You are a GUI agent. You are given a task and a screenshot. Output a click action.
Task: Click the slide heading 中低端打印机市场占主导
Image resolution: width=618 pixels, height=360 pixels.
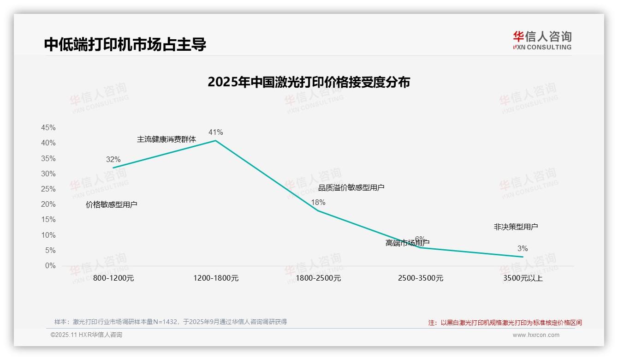[x=125, y=44]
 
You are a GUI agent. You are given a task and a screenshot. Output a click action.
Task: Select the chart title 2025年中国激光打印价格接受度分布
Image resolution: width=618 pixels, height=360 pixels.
[x=309, y=82]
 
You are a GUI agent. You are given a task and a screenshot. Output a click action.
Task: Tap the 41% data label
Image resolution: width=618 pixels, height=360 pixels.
[x=215, y=132]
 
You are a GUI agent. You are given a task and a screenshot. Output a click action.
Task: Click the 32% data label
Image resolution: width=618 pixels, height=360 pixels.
[x=113, y=159]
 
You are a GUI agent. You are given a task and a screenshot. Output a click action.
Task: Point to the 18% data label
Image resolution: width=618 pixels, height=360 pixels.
[x=318, y=202]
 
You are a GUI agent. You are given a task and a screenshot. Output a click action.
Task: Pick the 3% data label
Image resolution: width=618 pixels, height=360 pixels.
[x=522, y=249]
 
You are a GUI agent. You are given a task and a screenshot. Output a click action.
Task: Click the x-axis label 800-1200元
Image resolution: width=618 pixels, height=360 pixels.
[x=113, y=278]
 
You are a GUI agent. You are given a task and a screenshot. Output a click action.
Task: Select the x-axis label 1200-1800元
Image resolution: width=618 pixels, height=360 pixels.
[x=216, y=278]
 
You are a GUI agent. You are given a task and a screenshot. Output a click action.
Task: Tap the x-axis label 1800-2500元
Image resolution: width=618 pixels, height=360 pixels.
[x=318, y=278]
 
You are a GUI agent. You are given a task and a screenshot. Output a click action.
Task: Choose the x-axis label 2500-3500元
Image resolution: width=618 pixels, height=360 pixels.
[x=420, y=278]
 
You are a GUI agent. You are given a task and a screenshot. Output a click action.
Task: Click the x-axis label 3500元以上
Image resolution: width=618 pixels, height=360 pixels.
[x=523, y=278]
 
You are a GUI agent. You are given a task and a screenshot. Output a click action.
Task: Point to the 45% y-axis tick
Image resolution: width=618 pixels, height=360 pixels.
[x=48, y=128]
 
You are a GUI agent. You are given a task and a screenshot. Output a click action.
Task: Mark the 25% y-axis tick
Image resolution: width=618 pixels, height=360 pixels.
[x=48, y=189]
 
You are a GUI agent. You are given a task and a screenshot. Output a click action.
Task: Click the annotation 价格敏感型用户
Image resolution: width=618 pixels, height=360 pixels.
[x=111, y=204]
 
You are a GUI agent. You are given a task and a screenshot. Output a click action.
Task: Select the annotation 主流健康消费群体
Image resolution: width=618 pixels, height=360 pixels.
[x=166, y=139]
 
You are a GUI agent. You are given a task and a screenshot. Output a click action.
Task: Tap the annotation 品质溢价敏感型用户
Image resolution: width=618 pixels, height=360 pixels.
[x=351, y=187]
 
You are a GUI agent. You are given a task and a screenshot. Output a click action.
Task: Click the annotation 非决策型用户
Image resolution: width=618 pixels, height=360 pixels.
[x=516, y=227]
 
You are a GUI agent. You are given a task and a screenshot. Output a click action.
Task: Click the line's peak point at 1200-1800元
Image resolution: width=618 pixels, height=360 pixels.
[x=215, y=140]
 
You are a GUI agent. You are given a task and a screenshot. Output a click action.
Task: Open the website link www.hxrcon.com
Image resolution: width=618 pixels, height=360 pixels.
[x=535, y=335]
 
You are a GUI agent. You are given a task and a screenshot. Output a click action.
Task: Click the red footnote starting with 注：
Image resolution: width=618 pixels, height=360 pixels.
[x=505, y=323]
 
